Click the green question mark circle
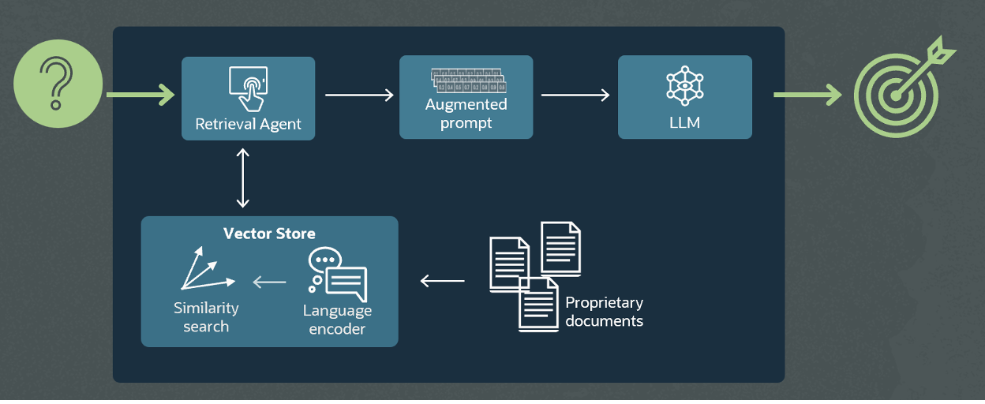[x=58, y=84]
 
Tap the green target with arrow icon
[x=900, y=92]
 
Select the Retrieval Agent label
[x=248, y=125]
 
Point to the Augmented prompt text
[x=466, y=114]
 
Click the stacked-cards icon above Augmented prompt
[x=467, y=81]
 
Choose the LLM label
[x=684, y=124]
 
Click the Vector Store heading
[x=269, y=234]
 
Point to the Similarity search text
[x=206, y=317]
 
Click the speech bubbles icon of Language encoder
[x=338, y=274]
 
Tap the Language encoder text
[x=337, y=320]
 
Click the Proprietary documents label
[x=604, y=312]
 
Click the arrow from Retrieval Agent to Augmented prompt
[x=359, y=95]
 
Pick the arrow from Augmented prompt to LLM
[x=575, y=95]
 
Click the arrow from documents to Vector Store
[x=442, y=280]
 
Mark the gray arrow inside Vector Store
[x=269, y=281]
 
